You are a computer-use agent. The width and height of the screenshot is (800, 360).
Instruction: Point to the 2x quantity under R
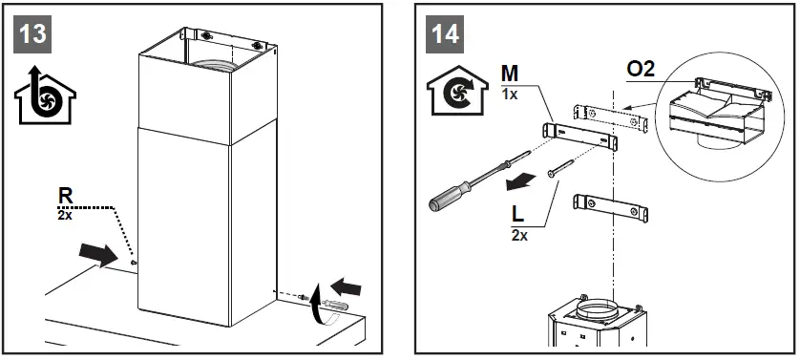tap(64, 215)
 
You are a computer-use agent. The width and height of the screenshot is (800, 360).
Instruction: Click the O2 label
tap(640, 71)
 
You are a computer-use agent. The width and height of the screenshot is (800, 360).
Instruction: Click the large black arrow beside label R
tap(103, 255)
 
